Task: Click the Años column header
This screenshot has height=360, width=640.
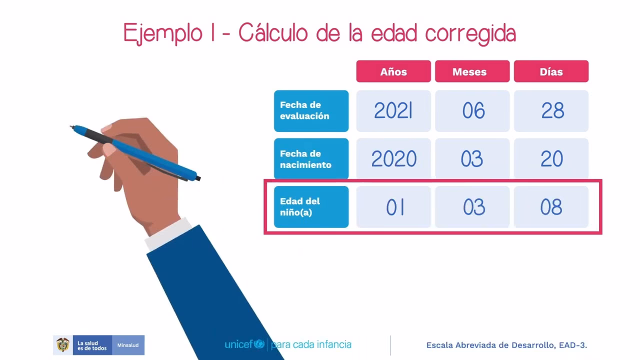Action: click(x=393, y=71)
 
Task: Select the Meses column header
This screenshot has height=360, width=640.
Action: click(x=472, y=71)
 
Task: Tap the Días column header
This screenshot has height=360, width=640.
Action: click(x=551, y=71)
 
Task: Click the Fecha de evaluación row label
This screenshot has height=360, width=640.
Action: click(x=311, y=111)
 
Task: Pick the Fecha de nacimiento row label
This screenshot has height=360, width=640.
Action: click(x=311, y=159)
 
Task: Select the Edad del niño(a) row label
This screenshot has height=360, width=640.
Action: click(x=311, y=207)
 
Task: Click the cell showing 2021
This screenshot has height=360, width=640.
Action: click(x=393, y=111)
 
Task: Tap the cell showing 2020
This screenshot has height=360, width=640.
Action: click(x=393, y=159)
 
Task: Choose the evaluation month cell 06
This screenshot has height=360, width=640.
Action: click(x=472, y=111)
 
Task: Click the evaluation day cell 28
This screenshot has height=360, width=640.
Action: click(x=551, y=111)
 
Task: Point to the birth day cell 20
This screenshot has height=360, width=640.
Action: click(x=551, y=159)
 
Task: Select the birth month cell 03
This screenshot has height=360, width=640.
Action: click(x=472, y=159)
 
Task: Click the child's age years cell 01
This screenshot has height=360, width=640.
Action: click(x=393, y=207)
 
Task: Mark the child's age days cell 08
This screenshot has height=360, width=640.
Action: click(x=551, y=207)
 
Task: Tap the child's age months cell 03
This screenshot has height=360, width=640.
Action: click(x=472, y=207)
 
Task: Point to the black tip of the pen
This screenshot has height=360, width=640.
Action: click(x=198, y=178)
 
